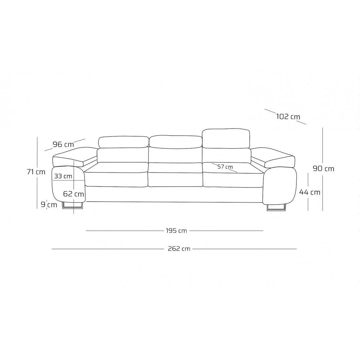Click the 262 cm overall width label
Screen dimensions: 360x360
179,249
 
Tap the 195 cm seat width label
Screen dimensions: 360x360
176,231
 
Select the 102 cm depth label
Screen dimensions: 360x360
288,117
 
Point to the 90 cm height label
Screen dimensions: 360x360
323,169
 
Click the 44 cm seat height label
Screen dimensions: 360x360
310,192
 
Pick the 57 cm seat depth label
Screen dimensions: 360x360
225,166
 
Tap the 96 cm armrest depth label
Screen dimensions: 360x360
63,144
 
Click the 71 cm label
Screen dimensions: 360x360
36,172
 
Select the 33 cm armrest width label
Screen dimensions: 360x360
63,176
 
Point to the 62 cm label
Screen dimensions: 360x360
73,194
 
